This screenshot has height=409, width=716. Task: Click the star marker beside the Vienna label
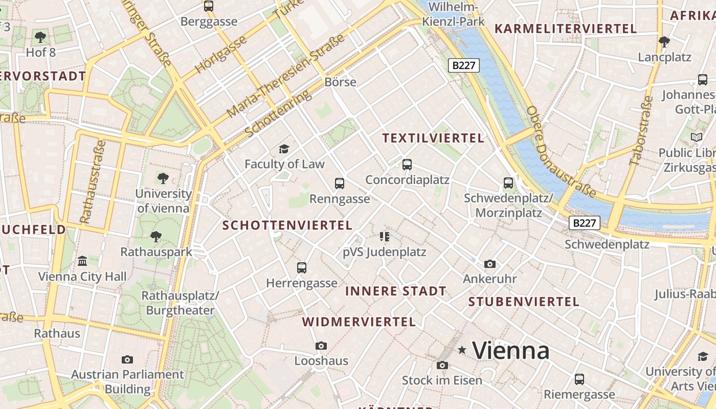462,350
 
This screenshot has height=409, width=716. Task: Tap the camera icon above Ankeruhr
490,264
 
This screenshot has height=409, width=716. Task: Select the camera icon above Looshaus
321,346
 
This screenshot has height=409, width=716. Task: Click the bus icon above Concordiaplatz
407,165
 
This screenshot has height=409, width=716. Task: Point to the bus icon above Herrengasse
302,267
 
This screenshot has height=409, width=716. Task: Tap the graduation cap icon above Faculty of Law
284,149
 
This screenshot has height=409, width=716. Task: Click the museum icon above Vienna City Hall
82,261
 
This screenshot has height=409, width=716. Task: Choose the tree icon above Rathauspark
156,237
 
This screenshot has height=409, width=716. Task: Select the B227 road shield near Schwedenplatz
584,223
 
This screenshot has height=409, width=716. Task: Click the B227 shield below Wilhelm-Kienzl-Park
463,65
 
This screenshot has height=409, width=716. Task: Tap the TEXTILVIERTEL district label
433,138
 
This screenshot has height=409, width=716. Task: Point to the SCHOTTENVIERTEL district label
287,225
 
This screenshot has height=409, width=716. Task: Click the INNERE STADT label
396,291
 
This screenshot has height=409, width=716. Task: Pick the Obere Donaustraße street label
561,152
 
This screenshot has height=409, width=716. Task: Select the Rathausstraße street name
93,182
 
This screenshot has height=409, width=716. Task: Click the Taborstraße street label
641,130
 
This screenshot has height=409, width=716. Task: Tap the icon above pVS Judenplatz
385,236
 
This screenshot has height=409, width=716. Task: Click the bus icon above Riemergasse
579,379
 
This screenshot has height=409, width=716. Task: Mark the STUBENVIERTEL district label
524,302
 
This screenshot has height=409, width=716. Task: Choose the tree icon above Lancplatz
664,41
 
